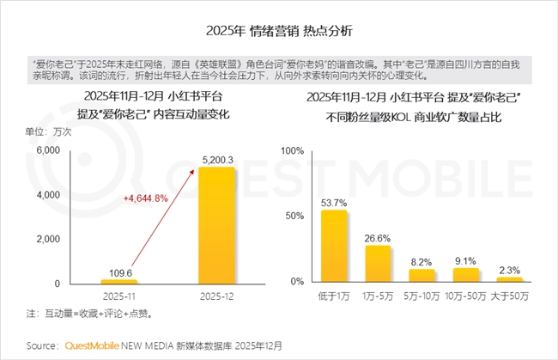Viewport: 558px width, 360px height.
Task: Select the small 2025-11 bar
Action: point(118,281)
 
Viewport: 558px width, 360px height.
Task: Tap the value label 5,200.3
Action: point(215,158)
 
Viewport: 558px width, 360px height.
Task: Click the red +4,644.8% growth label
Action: point(147,198)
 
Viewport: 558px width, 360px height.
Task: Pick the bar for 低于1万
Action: point(333,246)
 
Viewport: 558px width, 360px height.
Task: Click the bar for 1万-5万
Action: point(378,263)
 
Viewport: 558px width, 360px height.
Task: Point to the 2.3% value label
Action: point(510,269)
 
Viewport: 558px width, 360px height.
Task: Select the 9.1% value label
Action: point(466,260)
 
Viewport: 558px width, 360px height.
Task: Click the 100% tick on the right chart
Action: point(291,151)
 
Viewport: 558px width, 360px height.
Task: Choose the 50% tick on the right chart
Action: point(294,217)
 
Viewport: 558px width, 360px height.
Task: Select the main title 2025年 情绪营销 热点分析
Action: point(279,30)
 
